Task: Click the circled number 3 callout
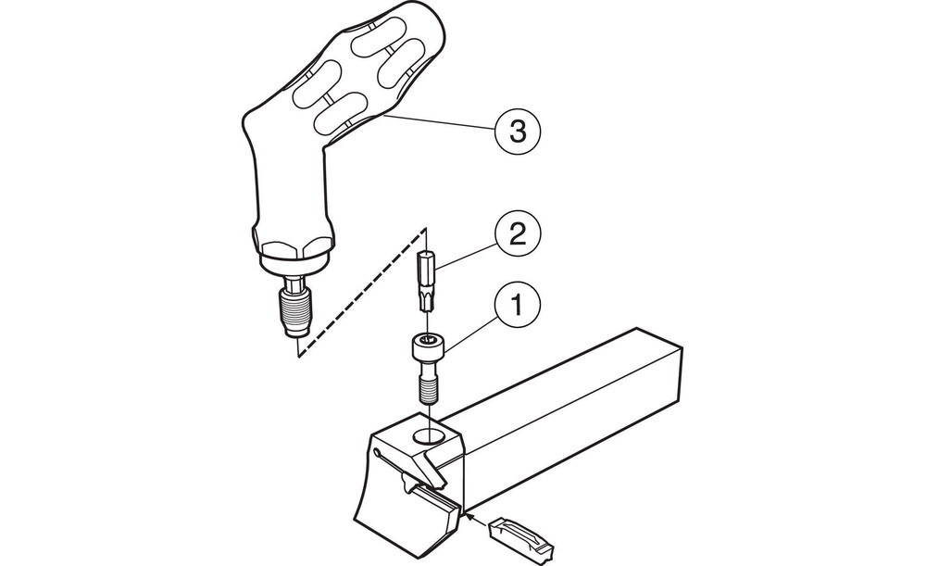(518, 131)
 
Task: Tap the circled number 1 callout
(518, 306)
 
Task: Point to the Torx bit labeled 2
(427, 281)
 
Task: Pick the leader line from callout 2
(467, 256)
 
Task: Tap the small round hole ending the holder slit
(377, 453)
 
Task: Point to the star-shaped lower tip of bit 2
(426, 301)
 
